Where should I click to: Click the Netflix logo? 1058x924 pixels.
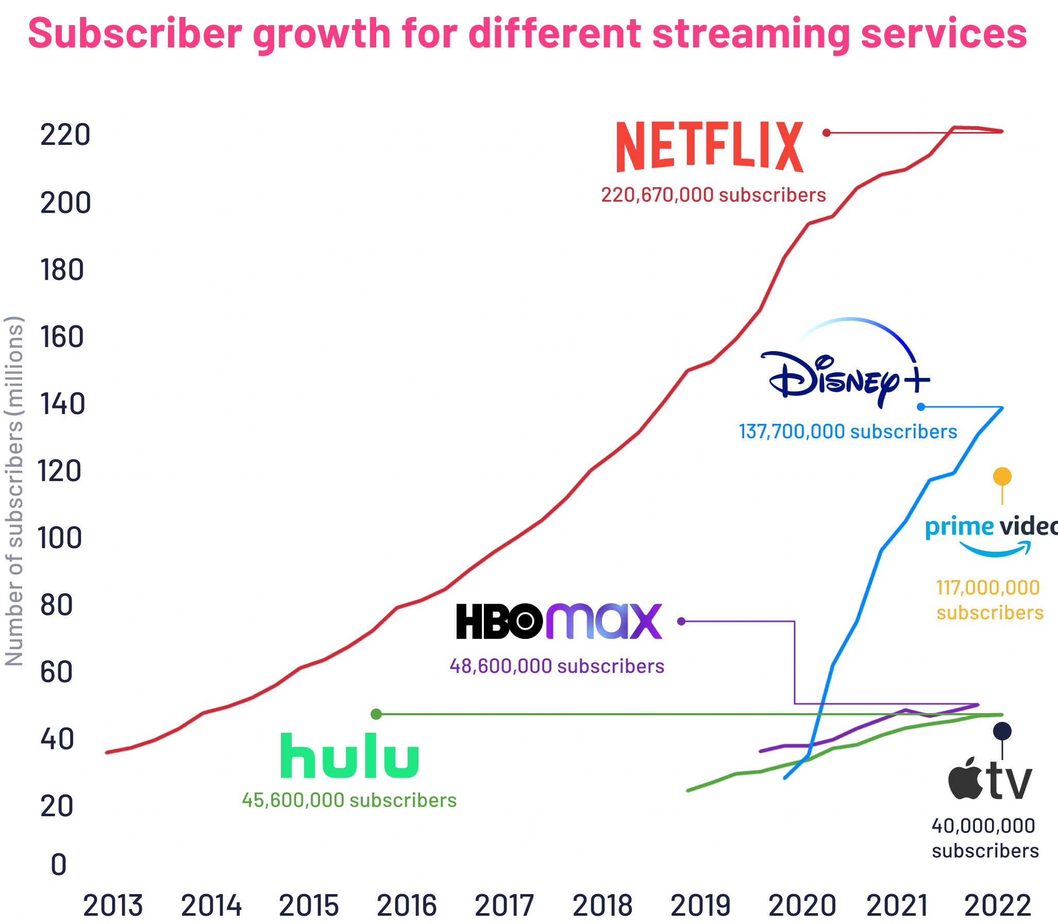[710, 146]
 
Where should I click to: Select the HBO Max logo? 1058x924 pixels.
[559, 621]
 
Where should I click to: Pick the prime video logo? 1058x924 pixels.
[990, 535]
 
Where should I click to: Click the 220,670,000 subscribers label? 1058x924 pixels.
[713, 195]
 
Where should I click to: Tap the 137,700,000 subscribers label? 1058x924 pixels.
[848, 432]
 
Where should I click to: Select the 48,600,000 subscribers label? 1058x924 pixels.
[557, 666]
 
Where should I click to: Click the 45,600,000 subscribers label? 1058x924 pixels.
[349, 800]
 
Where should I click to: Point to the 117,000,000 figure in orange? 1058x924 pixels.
[987, 588]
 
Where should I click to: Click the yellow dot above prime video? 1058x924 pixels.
[1002, 476]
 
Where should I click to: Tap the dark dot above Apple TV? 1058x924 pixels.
[1002, 731]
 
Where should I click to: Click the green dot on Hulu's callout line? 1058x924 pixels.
[376, 714]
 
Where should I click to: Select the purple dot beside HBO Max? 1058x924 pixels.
[681, 621]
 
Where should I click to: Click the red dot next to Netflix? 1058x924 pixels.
[827, 133]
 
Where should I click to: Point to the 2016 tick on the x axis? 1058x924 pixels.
[407, 905]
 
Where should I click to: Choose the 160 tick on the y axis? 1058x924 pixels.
[62, 337]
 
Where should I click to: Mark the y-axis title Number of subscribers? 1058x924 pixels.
[14, 490]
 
